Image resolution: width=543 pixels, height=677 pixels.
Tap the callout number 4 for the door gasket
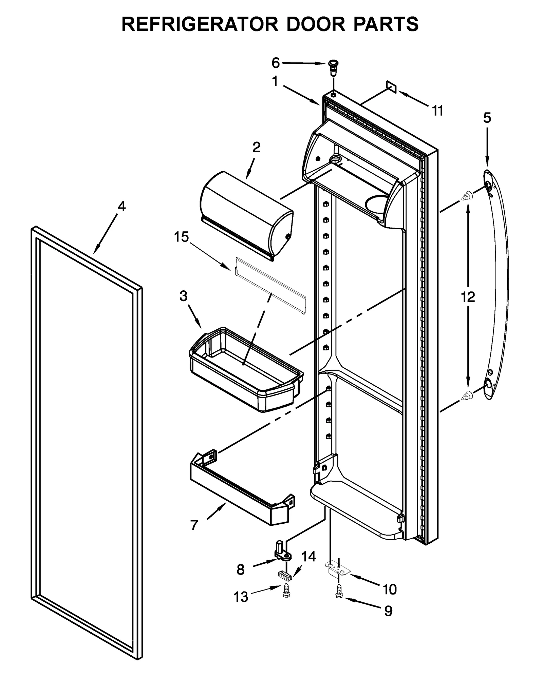pos(121,206)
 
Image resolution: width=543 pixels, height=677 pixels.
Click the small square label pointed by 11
pos(391,87)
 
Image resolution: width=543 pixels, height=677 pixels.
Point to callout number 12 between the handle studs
pos(468,297)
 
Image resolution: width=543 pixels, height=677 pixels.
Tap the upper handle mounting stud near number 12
pos(467,196)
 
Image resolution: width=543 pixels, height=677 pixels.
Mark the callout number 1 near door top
pos(275,81)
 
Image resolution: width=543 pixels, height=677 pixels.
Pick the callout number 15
pos(181,237)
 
